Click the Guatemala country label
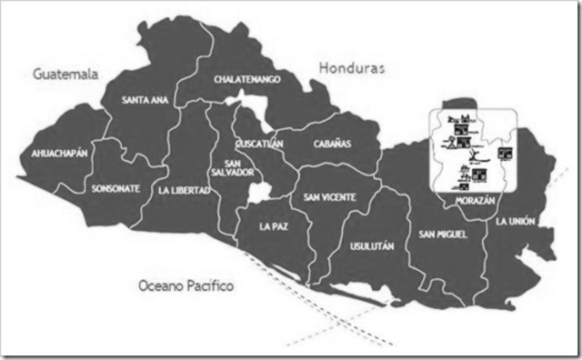tap(65, 73)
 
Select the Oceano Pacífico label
tap(186, 285)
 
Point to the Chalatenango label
tap(246, 79)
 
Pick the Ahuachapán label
tap(59, 153)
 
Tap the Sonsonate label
tap(115, 188)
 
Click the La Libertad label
tap(184, 190)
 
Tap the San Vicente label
tap(329, 196)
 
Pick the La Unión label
tap(515, 221)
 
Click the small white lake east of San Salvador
tap(261, 192)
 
